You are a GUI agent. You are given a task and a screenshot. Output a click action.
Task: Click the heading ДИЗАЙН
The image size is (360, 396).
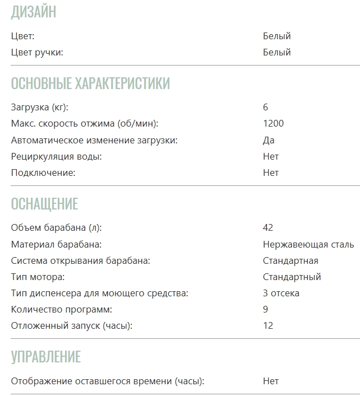click(34, 12)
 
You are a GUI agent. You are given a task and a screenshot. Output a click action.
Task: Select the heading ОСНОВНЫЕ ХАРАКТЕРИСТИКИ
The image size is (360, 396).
click(90, 83)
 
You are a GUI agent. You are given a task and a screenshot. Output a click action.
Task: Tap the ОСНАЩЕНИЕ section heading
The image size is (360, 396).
click(44, 203)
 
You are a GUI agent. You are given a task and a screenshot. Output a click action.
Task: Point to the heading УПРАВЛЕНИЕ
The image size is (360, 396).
click(46, 357)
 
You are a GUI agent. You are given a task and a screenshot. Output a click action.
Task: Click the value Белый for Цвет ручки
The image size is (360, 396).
click(276, 52)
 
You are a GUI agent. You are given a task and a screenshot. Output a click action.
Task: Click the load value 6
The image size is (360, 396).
click(266, 107)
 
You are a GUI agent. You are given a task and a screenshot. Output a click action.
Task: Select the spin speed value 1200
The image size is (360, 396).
click(273, 123)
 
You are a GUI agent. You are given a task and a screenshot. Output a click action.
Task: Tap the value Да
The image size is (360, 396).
click(269, 140)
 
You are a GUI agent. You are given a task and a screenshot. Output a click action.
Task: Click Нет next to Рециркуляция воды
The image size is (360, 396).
click(270, 156)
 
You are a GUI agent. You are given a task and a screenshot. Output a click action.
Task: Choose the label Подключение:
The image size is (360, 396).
click(43, 173)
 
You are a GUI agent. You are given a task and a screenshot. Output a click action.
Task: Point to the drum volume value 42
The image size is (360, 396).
click(268, 227)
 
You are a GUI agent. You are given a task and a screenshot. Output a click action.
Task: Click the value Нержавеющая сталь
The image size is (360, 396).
click(308, 244)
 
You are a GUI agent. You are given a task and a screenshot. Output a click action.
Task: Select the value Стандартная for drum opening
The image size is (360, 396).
click(290, 260)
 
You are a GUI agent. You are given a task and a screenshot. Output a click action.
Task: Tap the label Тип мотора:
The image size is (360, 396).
click(38, 277)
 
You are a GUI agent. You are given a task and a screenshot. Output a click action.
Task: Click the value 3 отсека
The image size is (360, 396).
click(281, 293)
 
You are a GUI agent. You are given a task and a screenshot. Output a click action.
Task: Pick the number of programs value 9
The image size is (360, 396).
click(266, 309)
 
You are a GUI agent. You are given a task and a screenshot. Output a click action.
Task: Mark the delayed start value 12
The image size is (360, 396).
click(268, 325)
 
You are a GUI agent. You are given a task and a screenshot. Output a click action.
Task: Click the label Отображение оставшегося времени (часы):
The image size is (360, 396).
click(108, 381)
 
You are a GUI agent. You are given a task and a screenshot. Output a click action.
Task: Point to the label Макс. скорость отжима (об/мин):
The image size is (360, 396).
click(85, 123)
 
